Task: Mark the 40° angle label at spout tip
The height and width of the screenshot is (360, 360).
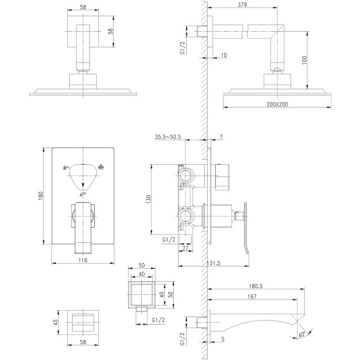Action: [301, 333]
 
